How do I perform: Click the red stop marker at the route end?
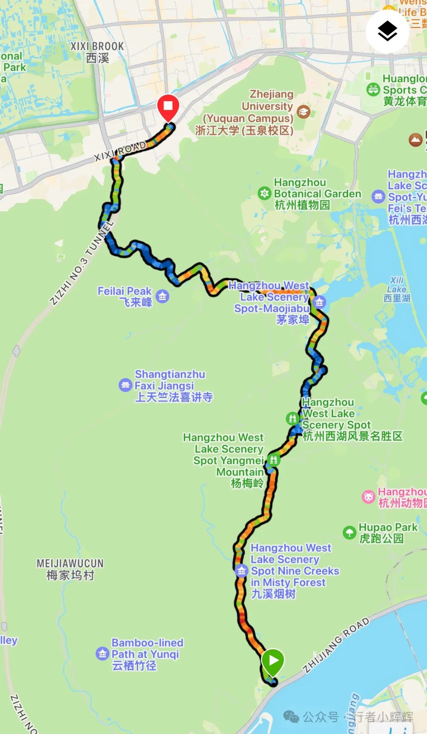pos(168,106)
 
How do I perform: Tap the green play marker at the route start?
pos(272,660)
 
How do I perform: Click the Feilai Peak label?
pos(125,296)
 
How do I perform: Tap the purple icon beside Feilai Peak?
pos(162,296)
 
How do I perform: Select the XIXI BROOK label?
pos(97,52)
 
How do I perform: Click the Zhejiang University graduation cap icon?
pos(303,112)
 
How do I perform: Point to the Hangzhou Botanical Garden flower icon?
pos(265,194)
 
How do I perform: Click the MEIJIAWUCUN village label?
pos(70,569)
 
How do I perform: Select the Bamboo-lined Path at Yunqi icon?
pos(102,654)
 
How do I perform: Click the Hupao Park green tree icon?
pos(349,532)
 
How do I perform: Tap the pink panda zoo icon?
pos(368,497)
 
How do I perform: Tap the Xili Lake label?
pos(397,289)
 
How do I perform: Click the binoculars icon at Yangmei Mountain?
pos(273,460)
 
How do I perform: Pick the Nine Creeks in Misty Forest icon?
pos(241,570)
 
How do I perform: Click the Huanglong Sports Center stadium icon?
pos(373,90)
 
